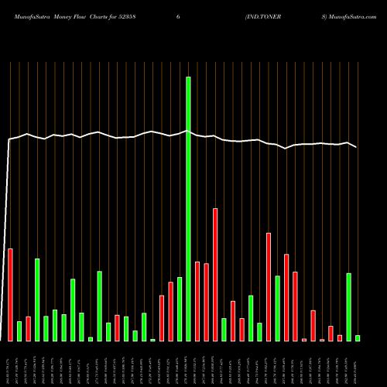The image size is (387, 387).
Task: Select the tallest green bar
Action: (188, 209)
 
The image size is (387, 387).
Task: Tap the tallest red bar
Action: (215, 275)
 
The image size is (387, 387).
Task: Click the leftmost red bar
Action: (10, 295)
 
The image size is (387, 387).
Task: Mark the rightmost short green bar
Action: (358, 338)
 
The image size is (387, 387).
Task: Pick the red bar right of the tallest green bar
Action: (197, 302)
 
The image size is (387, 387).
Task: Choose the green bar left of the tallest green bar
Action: (180, 310)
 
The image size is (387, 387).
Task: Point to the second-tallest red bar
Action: (269, 287)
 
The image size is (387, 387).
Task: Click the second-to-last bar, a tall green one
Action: (349, 307)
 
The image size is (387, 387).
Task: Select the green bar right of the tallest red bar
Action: (224, 330)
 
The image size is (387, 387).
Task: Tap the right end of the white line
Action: (357, 147)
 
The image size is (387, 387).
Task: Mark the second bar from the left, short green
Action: (19, 331)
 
